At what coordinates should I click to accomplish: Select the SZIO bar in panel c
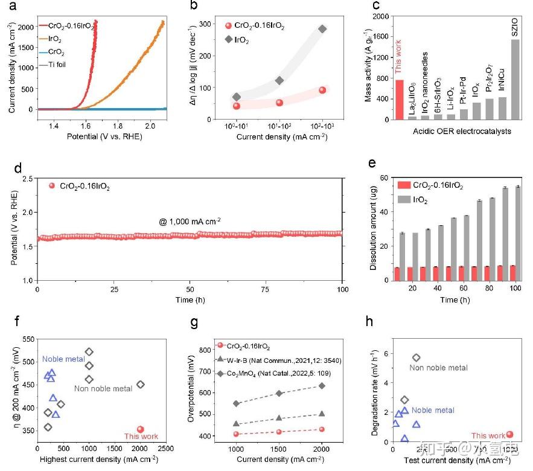(x=515, y=79)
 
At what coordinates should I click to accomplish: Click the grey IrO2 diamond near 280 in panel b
(x=322, y=29)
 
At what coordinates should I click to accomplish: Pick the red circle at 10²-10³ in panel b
(x=322, y=90)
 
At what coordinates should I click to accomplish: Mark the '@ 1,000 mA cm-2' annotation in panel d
(x=190, y=222)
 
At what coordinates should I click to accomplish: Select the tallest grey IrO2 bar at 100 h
(x=517, y=233)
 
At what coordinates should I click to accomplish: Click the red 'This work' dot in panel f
(x=141, y=429)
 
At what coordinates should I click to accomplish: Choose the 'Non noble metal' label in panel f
(x=103, y=388)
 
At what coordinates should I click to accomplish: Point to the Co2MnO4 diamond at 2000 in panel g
(x=322, y=385)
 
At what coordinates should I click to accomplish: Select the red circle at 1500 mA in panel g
(x=279, y=431)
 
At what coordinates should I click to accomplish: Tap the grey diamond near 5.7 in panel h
(x=416, y=358)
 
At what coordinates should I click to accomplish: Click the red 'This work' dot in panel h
(x=509, y=434)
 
